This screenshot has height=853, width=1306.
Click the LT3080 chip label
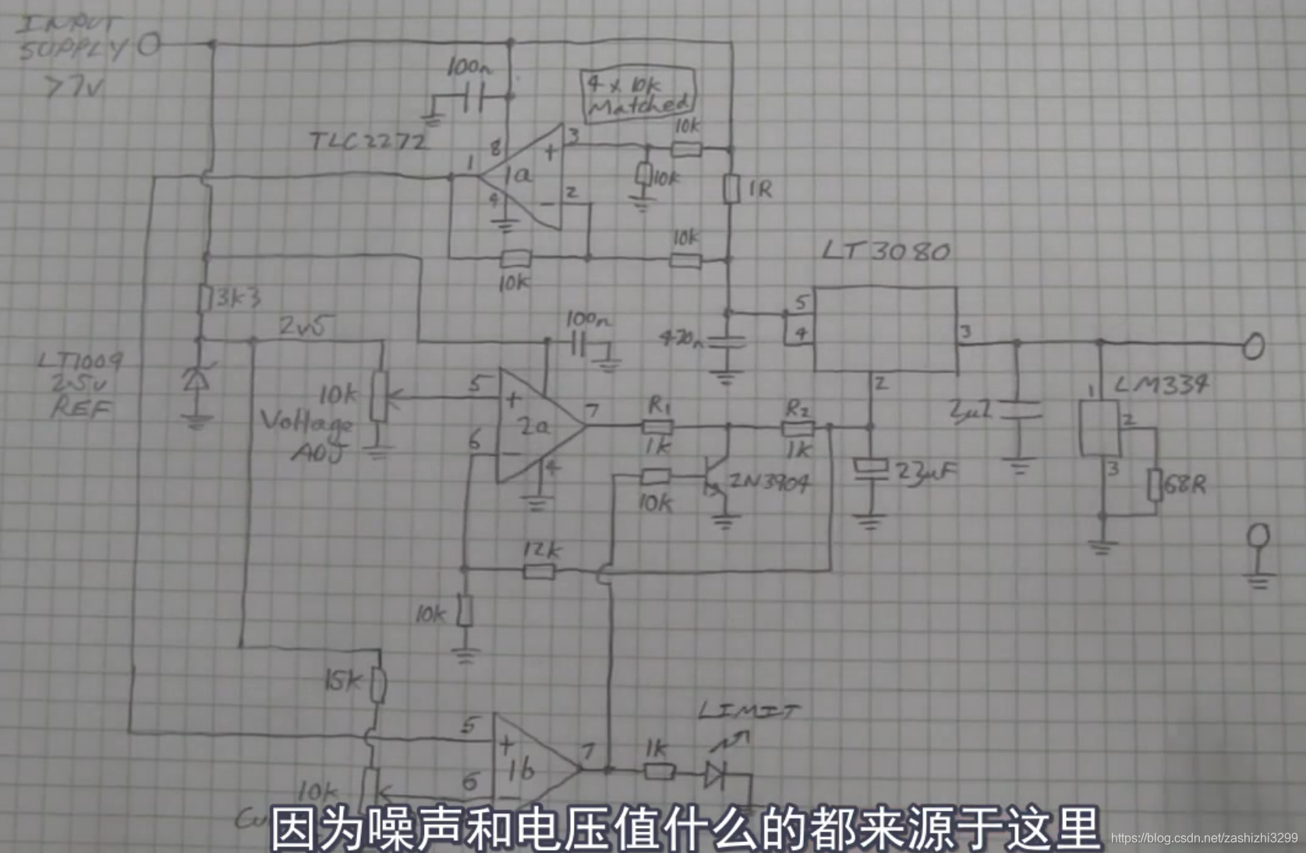(x=886, y=251)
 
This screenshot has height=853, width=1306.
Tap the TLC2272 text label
(x=368, y=142)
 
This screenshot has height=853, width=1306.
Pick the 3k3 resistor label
(x=237, y=298)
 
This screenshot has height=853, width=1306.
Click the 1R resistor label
(x=759, y=189)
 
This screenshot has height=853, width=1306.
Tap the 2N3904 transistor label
(x=770, y=483)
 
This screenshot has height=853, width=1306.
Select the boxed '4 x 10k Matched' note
(x=637, y=94)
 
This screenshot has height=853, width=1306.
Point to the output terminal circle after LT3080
(x=1253, y=345)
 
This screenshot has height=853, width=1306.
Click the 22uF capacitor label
(x=926, y=473)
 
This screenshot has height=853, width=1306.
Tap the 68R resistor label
(x=1184, y=485)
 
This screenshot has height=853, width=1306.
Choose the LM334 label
(x=1161, y=384)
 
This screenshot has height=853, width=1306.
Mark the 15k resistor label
(x=343, y=681)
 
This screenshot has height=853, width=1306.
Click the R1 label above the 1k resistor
(x=660, y=405)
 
